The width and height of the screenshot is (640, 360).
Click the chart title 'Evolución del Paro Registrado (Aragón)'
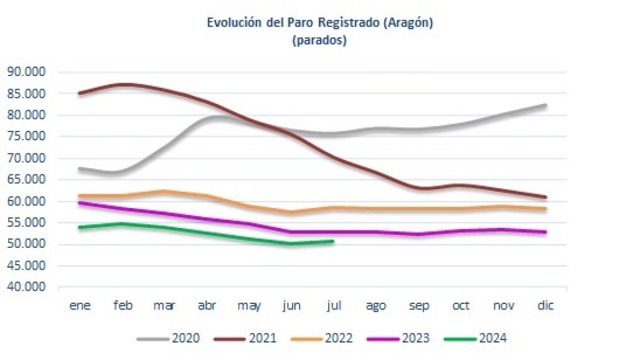click(x=319, y=23)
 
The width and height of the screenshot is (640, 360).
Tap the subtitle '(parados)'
click(x=319, y=41)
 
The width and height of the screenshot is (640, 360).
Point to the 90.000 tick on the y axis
click(x=27, y=72)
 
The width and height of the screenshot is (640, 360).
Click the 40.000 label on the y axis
click(x=27, y=287)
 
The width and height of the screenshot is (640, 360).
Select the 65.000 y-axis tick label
click(x=27, y=179)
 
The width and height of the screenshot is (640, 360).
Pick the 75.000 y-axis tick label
click(x=27, y=136)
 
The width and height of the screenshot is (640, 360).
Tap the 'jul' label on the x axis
click(x=334, y=305)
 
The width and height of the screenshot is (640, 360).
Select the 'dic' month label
click(x=545, y=305)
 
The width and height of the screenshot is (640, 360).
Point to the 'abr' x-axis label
click(x=207, y=305)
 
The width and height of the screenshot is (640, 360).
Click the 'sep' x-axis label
click(x=418, y=305)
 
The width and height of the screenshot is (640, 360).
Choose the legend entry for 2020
click(x=169, y=338)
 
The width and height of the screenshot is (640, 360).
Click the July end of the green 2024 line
click(x=333, y=241)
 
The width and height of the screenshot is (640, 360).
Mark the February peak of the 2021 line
click(x=123, y=84)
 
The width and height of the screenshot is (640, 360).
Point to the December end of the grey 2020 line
click(x=545, y=105)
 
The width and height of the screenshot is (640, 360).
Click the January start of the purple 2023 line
click(x=80, y=202)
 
